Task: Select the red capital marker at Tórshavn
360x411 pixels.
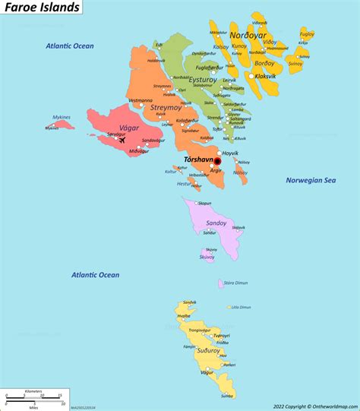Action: pyautogui.click(x=217, y=161)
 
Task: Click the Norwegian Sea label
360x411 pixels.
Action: pyautogui.click(x=310, y=180)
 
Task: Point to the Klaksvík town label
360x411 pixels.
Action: pyautogui.click(x=265, y=76)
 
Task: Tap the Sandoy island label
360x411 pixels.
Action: pyautogui.click(x=216, y=223)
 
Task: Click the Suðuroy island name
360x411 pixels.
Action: pyautogui.click(x=208, y=351)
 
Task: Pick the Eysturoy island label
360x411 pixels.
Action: pyautogui.click(x=203, y=79)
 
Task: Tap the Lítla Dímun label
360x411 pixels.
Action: pyautogui.click(x=240, y=307)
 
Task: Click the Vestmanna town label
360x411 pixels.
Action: pyautogui.click(x=141, y=100)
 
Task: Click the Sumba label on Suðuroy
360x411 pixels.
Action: pyautogui.click(x=226, y=396)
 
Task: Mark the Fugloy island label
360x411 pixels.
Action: pyautogui.click(x=307, y=34)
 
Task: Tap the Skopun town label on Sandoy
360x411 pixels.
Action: pyautogui.click(x=204, y=203)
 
